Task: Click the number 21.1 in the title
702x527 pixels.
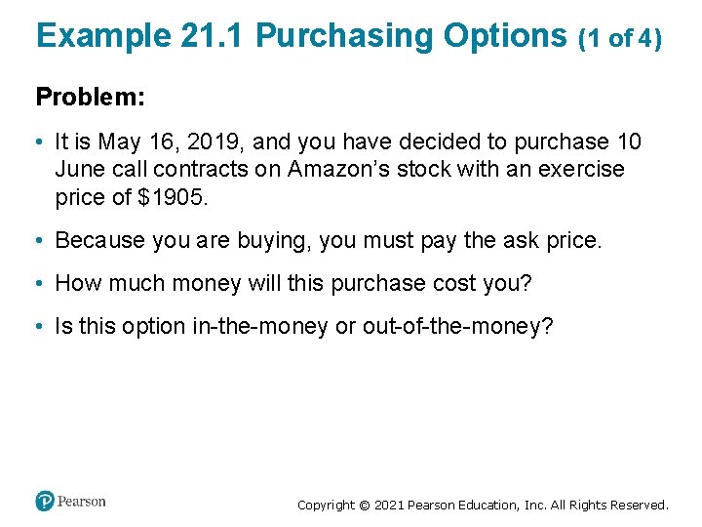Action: pos(214,36)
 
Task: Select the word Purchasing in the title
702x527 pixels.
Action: pos(345,36)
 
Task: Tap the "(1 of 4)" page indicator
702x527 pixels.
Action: pos(621,38)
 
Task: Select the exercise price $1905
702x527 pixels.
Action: pos(174,196)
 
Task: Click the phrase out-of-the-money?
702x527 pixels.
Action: pos(457,326)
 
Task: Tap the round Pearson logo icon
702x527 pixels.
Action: pos(45,502)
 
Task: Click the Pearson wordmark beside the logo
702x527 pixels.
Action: pos(82,502)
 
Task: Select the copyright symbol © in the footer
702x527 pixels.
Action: pos(364,506)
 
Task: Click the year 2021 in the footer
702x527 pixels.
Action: pos(386,506)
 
